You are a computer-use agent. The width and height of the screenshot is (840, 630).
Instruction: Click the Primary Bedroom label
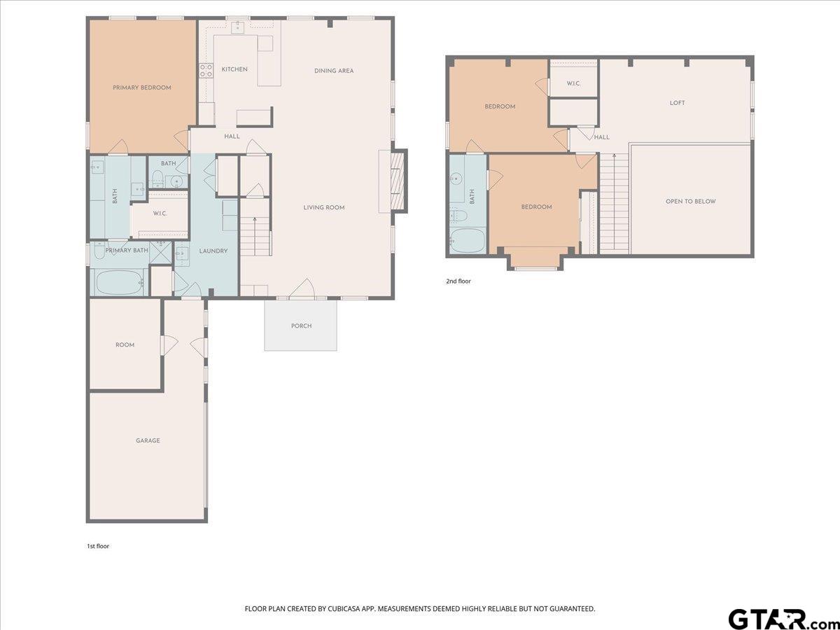click(x=141, y=87)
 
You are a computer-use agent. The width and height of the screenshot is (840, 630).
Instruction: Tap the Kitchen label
click(x=234, y=69)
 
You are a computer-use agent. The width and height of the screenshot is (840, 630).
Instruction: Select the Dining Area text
click(x=334, y=71)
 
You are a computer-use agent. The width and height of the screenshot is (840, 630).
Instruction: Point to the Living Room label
click(x=324, y=207)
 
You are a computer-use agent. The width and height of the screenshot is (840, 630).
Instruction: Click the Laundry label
click(x=213, y=251)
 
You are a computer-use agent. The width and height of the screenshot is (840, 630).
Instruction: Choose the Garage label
click(x=148, y=441)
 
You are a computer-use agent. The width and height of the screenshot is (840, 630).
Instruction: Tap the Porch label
click(x=301, y=326)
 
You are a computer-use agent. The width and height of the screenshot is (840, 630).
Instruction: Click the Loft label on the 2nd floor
click(x=677, y=103)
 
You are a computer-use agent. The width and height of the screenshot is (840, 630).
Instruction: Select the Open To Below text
click(x=690, y=201)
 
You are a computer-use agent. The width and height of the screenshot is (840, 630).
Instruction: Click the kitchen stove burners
click(x=206, y=71)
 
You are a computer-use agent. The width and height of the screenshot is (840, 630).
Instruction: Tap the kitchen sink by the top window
click(x=238, y=27)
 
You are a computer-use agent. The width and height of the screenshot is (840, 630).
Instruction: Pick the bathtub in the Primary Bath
click(x=120, y=283)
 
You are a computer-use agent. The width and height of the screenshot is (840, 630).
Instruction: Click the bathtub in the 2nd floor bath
click(x=468, y=241)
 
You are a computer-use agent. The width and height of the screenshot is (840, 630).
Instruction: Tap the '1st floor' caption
click(x=98, y=546)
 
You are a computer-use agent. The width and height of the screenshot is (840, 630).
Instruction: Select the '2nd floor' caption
click(x=458, y=281)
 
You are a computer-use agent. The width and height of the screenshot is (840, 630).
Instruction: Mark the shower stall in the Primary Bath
click(x=160, y=253)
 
